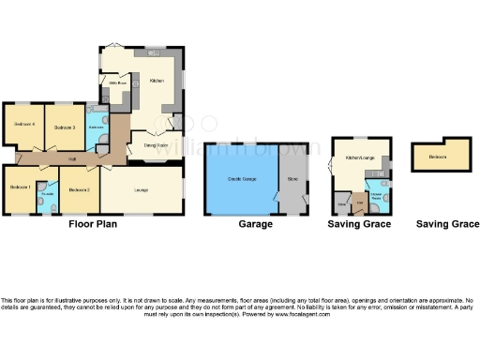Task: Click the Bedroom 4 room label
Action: [x=24, y=126]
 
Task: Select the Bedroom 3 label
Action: [x=65, y=127]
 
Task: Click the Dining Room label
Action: [x=156, y=145]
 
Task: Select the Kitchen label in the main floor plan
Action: [x=157, y=81]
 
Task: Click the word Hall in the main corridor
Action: [x=72, y=157]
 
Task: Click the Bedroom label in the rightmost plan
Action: [x=438, y=157]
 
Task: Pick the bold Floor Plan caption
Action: [x=92, y=225]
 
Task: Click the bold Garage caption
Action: [x=255, y=225]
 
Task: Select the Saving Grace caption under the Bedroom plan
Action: [x=447, y=225]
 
